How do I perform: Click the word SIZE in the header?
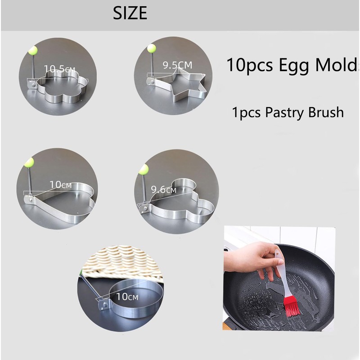pos(130,13)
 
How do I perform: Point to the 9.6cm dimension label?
pos(164,190)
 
